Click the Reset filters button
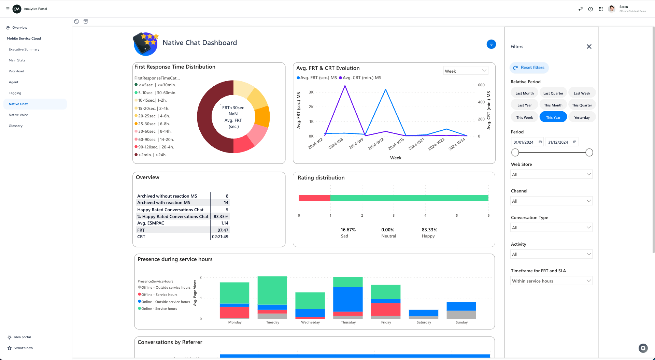pos(529,68)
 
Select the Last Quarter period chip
pos(553,93)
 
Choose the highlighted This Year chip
pos(553,117)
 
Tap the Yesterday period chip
pos(582,117)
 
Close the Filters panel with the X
pos(589,47)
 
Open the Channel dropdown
pos(551,201)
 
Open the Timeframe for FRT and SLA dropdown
pos(551,281)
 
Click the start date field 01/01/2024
pos(524,142)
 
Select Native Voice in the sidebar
pos(18,115)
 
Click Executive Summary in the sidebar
pos(24,49)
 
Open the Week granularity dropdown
pos(465,71)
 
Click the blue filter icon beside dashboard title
pos(491,44)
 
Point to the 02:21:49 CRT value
pos(220,237)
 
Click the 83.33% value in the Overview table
pos(221,217)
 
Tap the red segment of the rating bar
pos(314,198)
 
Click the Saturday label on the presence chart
pos(424,322)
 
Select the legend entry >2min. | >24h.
pos(152,155)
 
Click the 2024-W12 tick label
pos(376,144)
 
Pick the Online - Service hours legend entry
pos(159,309)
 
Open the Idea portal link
pos(23,337)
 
